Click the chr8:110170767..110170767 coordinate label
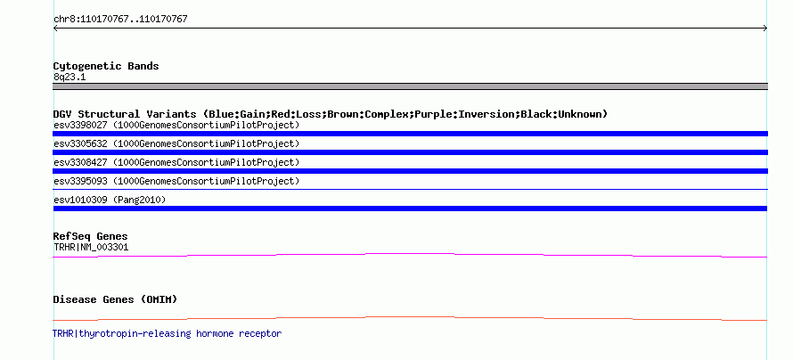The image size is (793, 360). point(120,20)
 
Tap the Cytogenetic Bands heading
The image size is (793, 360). point(106,66)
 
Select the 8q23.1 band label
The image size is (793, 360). point(69,77)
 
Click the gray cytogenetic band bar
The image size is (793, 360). point(410,86)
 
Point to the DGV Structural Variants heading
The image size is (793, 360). point(330,114)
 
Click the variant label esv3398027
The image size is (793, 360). point(80,125)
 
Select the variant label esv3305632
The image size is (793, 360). point(80,143)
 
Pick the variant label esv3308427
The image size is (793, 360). point(80,162)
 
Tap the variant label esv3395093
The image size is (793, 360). point(80,181)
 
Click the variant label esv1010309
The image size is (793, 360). point(80,200)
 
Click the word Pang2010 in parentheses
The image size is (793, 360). point(139,200)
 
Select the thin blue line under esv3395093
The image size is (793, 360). point(410,190)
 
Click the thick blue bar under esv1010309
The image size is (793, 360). point(410,209)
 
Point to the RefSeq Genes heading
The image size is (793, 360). point(91,236)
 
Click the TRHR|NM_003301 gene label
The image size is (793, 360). point(91,247)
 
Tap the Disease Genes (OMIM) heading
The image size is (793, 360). point(115,299)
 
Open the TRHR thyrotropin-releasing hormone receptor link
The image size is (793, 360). point(167,333)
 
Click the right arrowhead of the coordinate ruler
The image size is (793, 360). point(765,29)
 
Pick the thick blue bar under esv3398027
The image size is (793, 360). point(410,134)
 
